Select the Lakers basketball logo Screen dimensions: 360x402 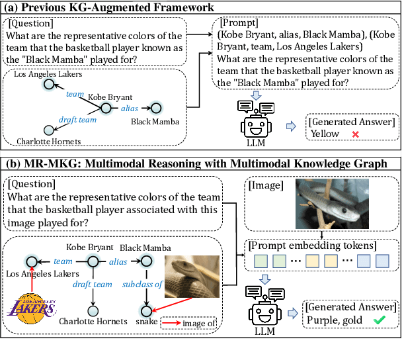tap(32, 308)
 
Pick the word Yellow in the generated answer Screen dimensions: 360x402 tap(325, 134)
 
